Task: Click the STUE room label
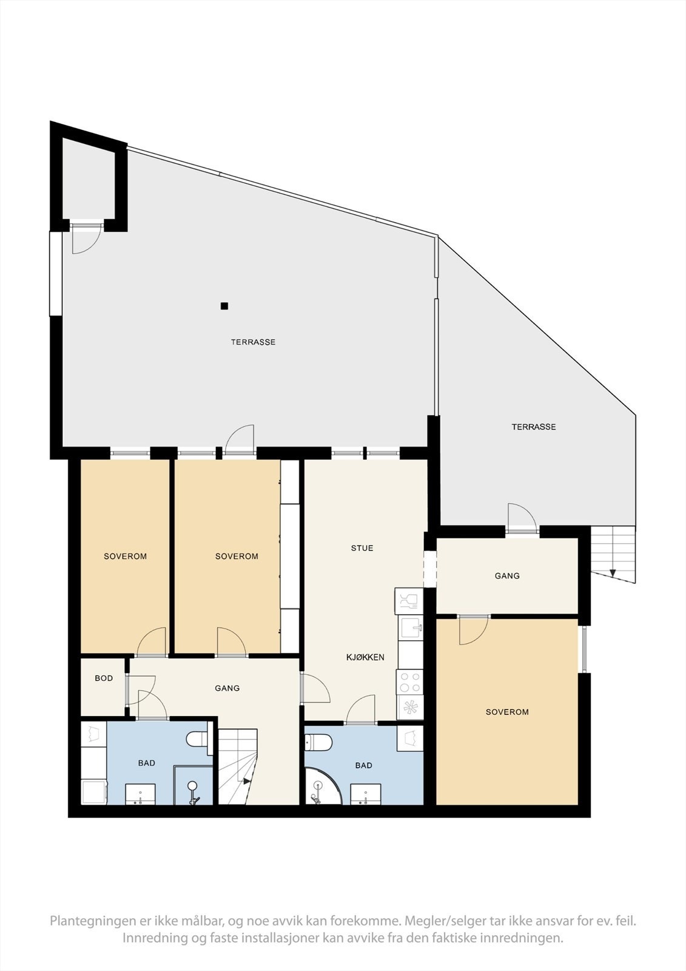[362, 548]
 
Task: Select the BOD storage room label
[104, 678]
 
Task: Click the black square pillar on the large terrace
[224, 306]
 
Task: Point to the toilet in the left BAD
[197, 739]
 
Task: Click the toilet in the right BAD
[318, 742]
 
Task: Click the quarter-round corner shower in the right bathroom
[323, 786]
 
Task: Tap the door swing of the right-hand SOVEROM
[474, 630]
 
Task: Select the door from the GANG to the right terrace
[522, 516]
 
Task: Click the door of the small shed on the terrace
[87, 239]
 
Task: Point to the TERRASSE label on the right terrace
[534, 427]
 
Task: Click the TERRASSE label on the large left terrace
[253, 342]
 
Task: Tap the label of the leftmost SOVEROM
[125, 556]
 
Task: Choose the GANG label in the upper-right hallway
[507, 576]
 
